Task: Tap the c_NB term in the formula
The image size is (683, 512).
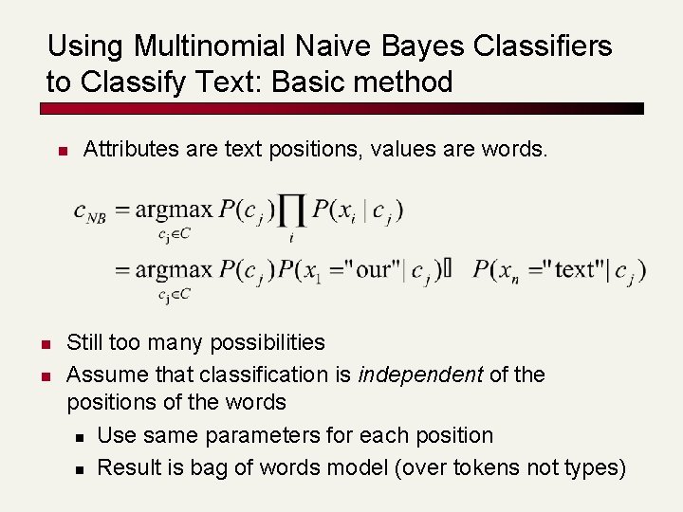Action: click(89, 212)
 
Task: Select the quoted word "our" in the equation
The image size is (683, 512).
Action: click(375, 269)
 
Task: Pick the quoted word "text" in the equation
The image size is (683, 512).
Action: click(574, 269)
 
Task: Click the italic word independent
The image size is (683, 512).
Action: click(420, 375)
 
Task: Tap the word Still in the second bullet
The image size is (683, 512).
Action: click(85, 342)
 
